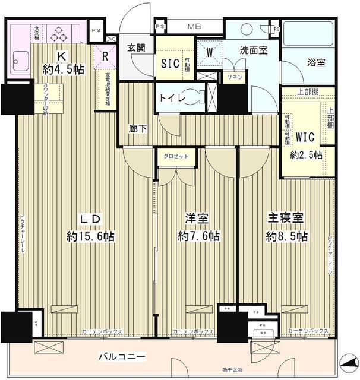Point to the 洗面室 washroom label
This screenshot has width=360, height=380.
tap(252, 51)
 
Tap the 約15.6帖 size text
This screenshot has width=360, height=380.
tap(90, 236)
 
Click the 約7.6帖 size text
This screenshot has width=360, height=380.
tap(198, 236)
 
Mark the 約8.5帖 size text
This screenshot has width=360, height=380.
tap(287, 236)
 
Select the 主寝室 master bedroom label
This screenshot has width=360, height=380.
tap(287, 218)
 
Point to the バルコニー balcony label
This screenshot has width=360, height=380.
tap(122, 357)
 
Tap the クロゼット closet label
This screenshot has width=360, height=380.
tap(176, 156)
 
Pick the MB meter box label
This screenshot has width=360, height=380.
tap(194, 27)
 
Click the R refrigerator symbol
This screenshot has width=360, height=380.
tap(105, 58)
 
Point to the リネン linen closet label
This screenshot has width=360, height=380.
tap(231, 77)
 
